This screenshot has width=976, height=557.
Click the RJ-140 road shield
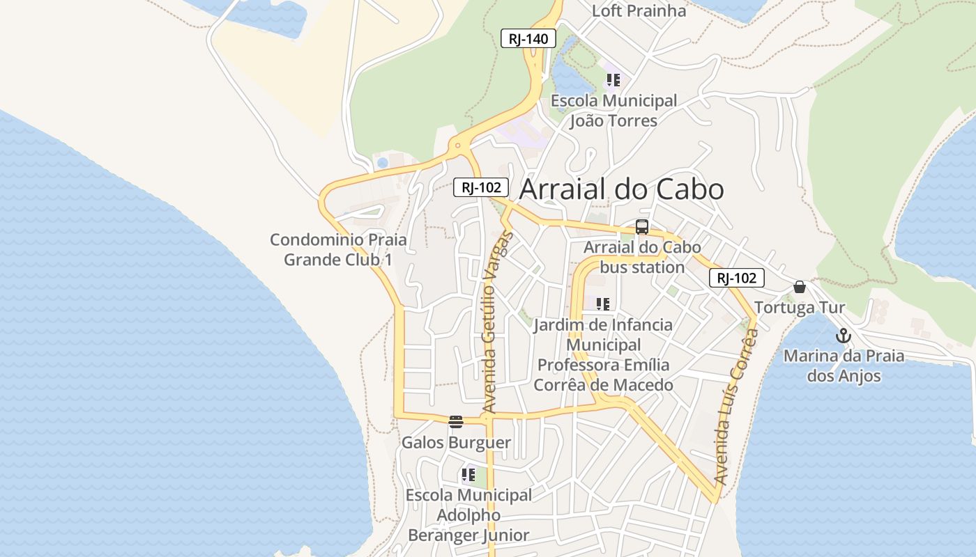[x=528, y=39]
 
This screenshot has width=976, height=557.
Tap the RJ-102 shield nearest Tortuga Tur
[x=737, y=278]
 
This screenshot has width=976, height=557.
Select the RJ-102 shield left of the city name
[x=481, y=187]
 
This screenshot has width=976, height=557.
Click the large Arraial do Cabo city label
[x=622, y=189]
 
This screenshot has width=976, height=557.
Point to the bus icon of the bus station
[x=642, y=227]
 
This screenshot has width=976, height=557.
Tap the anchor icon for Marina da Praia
[x=844, y=336]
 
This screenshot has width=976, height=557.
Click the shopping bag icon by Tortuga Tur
[x=800, y=287]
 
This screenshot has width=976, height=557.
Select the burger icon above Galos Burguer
[x=456, y=421]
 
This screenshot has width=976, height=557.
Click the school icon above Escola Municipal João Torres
[x=613, y=80]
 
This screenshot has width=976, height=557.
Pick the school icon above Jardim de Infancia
[x=603, y=304]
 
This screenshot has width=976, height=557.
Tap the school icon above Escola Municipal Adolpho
[x=468, y=476]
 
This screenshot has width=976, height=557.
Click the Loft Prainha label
[x=639, y=11]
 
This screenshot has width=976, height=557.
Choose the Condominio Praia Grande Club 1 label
[x=338, y=249]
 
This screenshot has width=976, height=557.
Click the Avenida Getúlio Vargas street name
[x=496, y=322]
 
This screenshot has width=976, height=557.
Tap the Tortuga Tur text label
[x=800, y=308]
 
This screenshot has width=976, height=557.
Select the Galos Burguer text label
[x=456, y=443]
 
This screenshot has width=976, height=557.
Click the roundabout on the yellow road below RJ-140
[x=458, y=146]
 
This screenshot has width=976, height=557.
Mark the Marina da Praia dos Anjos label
[x=844, y=366]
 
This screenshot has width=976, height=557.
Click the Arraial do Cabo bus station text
[x=642, y=257]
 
